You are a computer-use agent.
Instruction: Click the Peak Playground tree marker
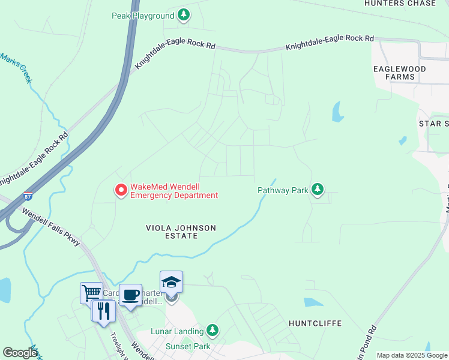pos(184,16)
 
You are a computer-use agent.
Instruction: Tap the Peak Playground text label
pos(143,16)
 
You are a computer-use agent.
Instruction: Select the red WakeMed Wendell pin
pos(120,190)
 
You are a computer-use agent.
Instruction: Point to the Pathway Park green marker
pos(317,190)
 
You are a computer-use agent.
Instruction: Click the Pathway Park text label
pos(282,191)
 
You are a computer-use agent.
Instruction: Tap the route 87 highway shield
pos(28,196)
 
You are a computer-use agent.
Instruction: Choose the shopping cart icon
pos(91,293)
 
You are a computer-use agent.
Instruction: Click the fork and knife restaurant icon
pos(103,310)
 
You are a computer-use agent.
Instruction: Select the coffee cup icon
pos(130,295)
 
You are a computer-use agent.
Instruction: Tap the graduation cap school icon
pos(171,282)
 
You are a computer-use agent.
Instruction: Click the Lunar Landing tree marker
pos(211,330)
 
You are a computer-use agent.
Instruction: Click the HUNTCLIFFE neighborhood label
pos(315,323)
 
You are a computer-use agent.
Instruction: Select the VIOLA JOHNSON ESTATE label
pos(181,232)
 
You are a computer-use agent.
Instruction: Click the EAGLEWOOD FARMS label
pos(400,73)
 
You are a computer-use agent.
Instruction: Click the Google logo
pos(20,353)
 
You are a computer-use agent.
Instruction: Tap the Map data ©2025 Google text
pos(411,355)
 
